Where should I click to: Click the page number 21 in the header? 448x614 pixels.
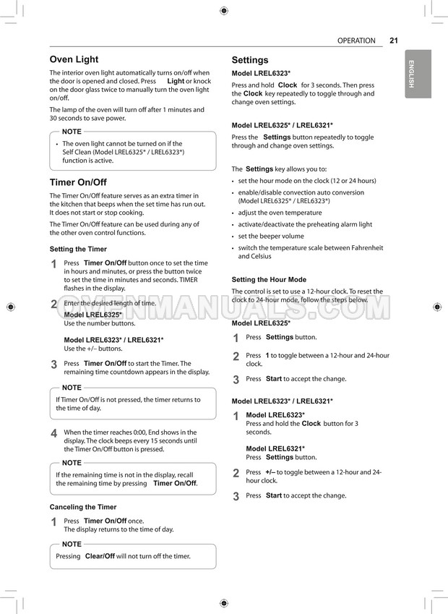point(394,41)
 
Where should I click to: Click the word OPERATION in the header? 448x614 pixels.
point(356,41)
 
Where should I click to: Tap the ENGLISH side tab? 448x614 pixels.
point(411,74)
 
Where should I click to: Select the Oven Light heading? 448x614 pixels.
point(74,59)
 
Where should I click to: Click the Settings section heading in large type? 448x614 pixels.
point(249,60)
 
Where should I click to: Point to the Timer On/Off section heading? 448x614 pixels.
point(78,182)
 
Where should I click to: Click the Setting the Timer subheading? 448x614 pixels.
point(78,249)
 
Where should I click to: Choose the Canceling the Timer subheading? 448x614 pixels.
point(83,507)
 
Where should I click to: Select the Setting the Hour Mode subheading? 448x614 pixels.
point(269,279)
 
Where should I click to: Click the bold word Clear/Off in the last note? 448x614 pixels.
point(100,556)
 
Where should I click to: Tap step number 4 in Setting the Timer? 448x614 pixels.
point(53,433)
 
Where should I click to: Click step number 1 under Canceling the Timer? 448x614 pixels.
point(53,521)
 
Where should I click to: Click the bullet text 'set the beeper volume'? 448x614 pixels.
point(271,236)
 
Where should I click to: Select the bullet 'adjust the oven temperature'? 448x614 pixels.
point(280,213)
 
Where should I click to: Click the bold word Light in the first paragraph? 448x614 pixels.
point(176,82)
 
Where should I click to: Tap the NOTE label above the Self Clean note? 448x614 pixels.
point(72,132)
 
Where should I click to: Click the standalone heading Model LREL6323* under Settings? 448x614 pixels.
point(261,74)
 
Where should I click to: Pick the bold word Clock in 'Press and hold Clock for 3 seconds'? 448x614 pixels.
point(287,85)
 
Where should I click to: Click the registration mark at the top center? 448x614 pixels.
point(223,10)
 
